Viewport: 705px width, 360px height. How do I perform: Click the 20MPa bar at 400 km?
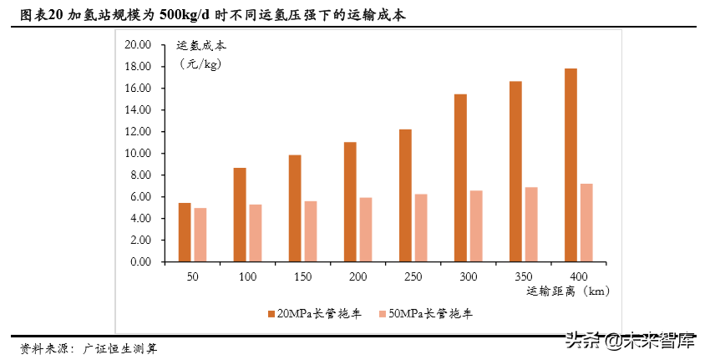(571, 165)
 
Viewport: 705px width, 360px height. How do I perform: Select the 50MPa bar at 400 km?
(586, 223)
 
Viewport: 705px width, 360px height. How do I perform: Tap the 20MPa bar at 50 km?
(185, 232)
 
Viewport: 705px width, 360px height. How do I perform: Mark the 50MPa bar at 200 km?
(366, 230)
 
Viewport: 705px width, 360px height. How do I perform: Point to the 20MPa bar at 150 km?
(295, 209)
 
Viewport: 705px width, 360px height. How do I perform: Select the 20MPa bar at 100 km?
(240, 215)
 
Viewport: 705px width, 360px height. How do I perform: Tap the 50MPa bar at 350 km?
(531, 225)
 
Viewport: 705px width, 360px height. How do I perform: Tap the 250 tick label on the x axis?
(413, 276)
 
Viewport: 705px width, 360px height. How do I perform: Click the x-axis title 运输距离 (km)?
(568, 292)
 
